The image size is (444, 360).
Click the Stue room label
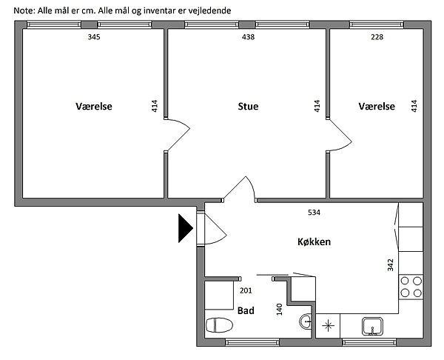coord(248,107)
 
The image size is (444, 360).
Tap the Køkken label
coord(314,241)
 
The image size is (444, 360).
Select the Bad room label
coord(246,310)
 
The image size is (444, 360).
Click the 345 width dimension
coord(94,37)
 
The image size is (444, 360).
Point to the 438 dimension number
coord(249,37)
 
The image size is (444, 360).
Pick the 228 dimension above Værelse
coord(377,37)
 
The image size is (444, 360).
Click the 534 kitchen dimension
coord(314,213)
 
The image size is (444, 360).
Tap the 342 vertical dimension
coord(391,264)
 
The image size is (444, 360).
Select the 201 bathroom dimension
coord(246,290)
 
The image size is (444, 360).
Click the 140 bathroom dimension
coord(280,310)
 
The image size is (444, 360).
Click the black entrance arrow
coord(186,228)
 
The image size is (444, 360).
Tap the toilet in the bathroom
coord(219,325)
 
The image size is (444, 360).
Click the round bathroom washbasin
coord(305,321)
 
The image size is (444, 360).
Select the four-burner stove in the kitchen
coord(411,287)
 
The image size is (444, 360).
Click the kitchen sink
coord(372,326)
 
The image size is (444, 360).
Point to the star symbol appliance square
coord(328,326)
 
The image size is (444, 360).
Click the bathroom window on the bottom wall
coord(252,342)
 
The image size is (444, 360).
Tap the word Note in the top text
coord(24,11)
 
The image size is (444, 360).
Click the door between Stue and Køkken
coord(239,189)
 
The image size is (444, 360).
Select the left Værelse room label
coord(94,107)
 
